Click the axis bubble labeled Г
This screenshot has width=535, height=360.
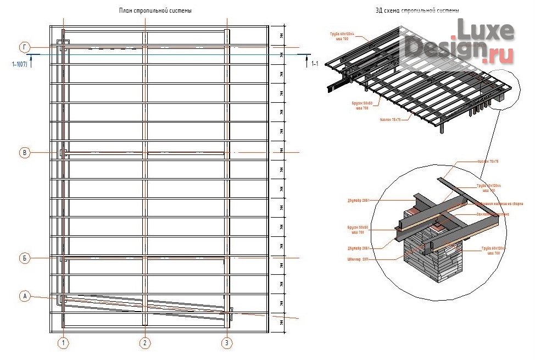24,47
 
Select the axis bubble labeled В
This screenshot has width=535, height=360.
24,153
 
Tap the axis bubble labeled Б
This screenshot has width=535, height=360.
24,258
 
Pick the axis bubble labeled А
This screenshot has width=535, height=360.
24,296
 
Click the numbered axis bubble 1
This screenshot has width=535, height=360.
64,344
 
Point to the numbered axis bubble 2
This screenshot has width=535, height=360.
144,344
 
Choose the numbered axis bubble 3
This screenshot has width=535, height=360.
227,344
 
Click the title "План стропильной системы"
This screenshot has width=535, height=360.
155,11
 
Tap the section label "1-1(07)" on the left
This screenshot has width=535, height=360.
20,64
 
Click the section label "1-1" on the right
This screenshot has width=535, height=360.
314,64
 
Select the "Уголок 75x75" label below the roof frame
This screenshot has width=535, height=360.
391,119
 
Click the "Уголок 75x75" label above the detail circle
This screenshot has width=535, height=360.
487,161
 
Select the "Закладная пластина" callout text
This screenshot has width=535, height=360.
493,214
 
